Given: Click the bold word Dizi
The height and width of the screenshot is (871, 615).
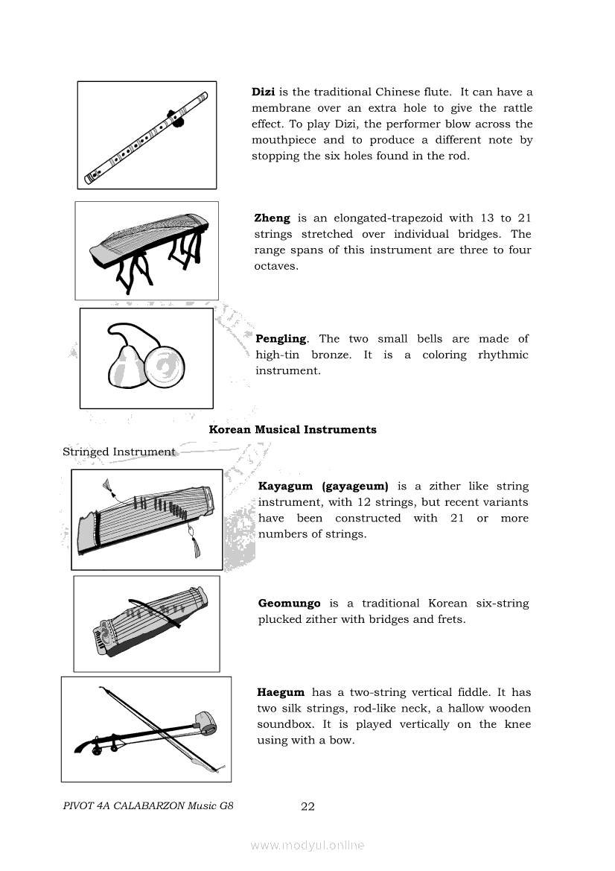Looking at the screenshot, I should (264, 92).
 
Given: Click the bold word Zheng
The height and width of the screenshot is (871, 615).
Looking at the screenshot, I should (272, 218).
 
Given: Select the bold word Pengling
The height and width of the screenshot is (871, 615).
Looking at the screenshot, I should (281, 339).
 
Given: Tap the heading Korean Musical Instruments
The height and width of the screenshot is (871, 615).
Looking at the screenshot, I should (293, 430).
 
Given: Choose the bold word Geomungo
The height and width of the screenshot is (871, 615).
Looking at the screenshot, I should (290, 604).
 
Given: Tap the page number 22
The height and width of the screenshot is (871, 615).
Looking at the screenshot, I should (307, 806).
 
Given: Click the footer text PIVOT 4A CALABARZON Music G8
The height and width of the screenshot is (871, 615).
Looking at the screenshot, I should (144, 806).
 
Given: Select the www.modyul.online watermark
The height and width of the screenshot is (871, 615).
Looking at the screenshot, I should (307, 846).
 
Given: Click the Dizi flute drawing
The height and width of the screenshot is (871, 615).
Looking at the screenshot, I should (146, 135).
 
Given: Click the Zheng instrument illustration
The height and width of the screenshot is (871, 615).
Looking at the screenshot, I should (147, 250).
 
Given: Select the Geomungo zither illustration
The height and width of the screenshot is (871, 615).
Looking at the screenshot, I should (146, 624).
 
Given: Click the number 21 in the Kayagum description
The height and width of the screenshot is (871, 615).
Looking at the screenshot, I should (457, 519).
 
